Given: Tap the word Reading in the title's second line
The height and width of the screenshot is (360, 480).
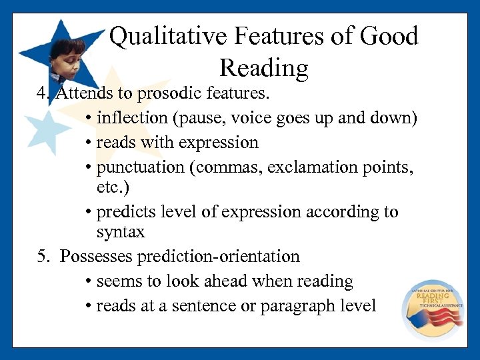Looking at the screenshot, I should pos(263,68).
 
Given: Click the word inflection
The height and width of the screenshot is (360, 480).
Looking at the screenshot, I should pos(132,118).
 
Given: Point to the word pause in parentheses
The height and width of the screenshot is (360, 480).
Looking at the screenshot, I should pos(203,118).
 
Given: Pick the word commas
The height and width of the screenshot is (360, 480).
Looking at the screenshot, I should pos(227,167).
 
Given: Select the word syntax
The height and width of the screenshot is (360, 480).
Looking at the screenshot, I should pos(121,232).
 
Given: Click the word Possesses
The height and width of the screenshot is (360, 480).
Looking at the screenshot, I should pos(95,256).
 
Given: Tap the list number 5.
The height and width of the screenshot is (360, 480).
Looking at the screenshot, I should pos(41,256).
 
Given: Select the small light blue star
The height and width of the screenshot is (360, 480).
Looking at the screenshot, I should pos(47,130).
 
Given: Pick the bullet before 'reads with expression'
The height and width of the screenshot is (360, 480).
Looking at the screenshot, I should pos(89,143).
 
